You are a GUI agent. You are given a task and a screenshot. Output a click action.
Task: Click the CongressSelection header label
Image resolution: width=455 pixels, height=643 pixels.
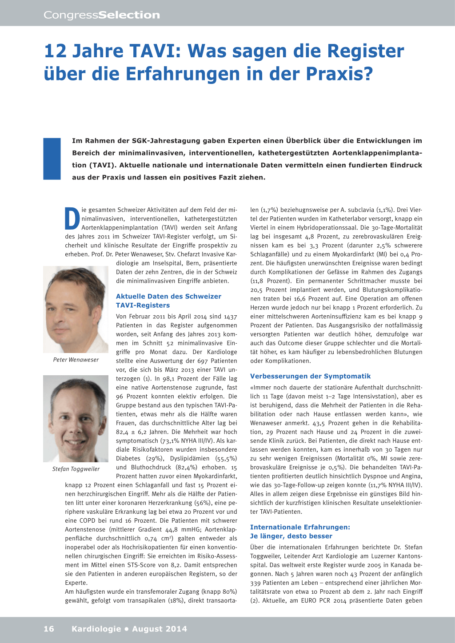(x=102, y=15)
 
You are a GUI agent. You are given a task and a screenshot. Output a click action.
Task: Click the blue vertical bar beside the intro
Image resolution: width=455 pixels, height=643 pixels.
(x=52, y=159)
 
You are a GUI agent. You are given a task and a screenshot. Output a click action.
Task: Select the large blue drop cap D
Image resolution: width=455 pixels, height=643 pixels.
(x=72, y=218)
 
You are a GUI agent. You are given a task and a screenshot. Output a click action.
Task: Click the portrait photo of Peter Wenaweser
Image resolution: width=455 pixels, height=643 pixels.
(x=76, y=309)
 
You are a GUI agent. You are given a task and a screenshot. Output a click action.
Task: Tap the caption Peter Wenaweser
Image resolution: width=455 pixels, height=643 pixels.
(x=76, y=360)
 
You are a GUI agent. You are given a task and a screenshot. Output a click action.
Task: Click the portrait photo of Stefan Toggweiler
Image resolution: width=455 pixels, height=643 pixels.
(x=76, y=418)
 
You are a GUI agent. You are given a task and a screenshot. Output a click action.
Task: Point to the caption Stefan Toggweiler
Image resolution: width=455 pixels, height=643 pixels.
(x=76, y=469)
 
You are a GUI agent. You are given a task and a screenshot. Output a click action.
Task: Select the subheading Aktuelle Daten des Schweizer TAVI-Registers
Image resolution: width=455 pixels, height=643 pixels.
(x=168, y=301)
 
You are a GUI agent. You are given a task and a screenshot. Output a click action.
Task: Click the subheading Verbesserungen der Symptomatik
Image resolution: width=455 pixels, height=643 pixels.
(x=310, y=376)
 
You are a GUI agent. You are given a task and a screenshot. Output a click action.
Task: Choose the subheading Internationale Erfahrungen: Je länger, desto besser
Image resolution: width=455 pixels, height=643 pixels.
(x=300, y=532)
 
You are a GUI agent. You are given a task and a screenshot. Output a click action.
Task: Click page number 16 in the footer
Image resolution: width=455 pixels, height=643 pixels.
(x=49, y=629)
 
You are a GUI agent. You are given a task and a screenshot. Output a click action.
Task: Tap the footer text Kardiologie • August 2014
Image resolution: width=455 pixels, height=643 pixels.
(x=129, y=629)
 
